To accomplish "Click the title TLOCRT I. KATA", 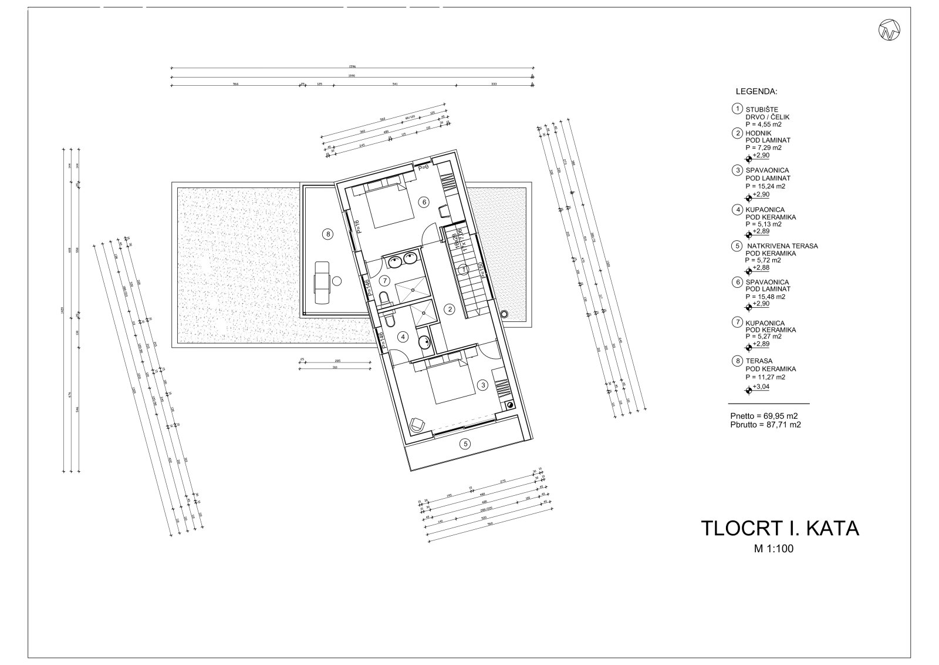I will pos(780,528).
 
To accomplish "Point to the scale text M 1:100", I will pos(778,549).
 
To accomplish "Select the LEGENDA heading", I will pos(756,92).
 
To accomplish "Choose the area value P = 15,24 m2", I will pos(765,186).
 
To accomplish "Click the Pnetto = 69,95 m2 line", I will pos(761,415).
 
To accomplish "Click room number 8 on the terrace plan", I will pos(327,234).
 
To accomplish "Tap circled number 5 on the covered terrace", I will pos(465,444).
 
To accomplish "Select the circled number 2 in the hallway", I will pos(450,309).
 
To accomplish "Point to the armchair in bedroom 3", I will pos(417,423).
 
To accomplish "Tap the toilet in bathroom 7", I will pos(384,299).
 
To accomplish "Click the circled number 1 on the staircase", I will pos(464,270).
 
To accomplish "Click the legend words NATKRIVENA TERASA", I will pos(782,246).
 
